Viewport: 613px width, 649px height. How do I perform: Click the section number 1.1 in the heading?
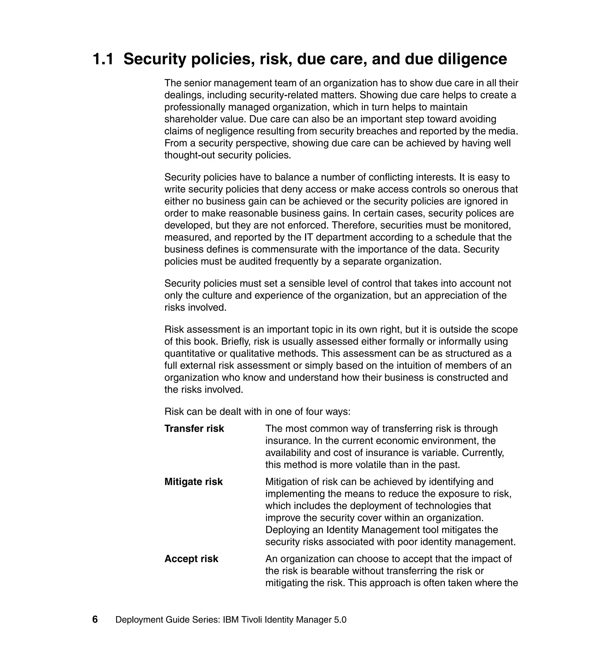(103, 59)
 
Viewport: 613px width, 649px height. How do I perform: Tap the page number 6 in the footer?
(95, 619)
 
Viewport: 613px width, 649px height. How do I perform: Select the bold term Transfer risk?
(194, 428)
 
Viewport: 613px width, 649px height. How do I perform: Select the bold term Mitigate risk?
(193, 482)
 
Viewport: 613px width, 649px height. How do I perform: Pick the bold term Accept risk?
(191, 559)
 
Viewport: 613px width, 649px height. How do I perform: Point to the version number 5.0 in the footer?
(340, 620)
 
